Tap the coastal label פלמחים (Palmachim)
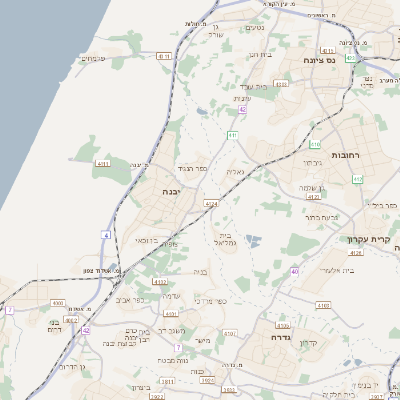92,57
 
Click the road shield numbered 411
233,134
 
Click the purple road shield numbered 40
294,271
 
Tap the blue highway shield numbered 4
107,234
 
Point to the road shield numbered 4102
160,283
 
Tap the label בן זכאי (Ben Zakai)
143,241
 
